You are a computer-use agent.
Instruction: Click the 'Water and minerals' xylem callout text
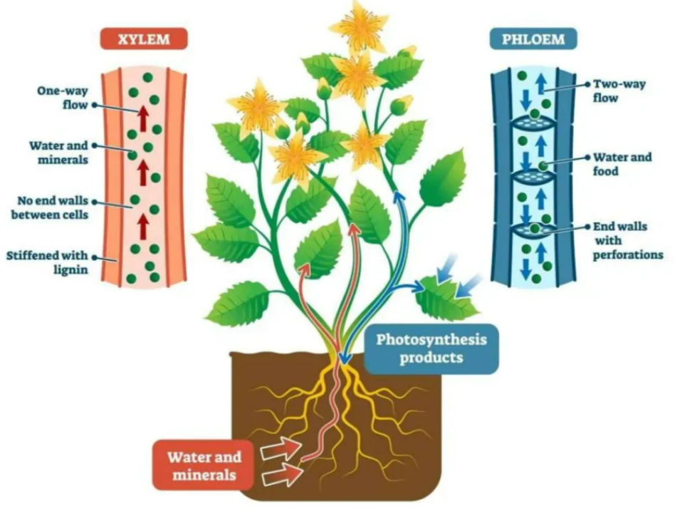(58, 152)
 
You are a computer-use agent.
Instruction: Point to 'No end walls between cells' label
(49, 205)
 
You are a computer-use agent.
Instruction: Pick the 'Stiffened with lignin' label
(48, 262)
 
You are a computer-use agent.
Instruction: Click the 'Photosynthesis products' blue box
(431, 348)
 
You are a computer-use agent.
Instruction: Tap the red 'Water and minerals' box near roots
(204, 463)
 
